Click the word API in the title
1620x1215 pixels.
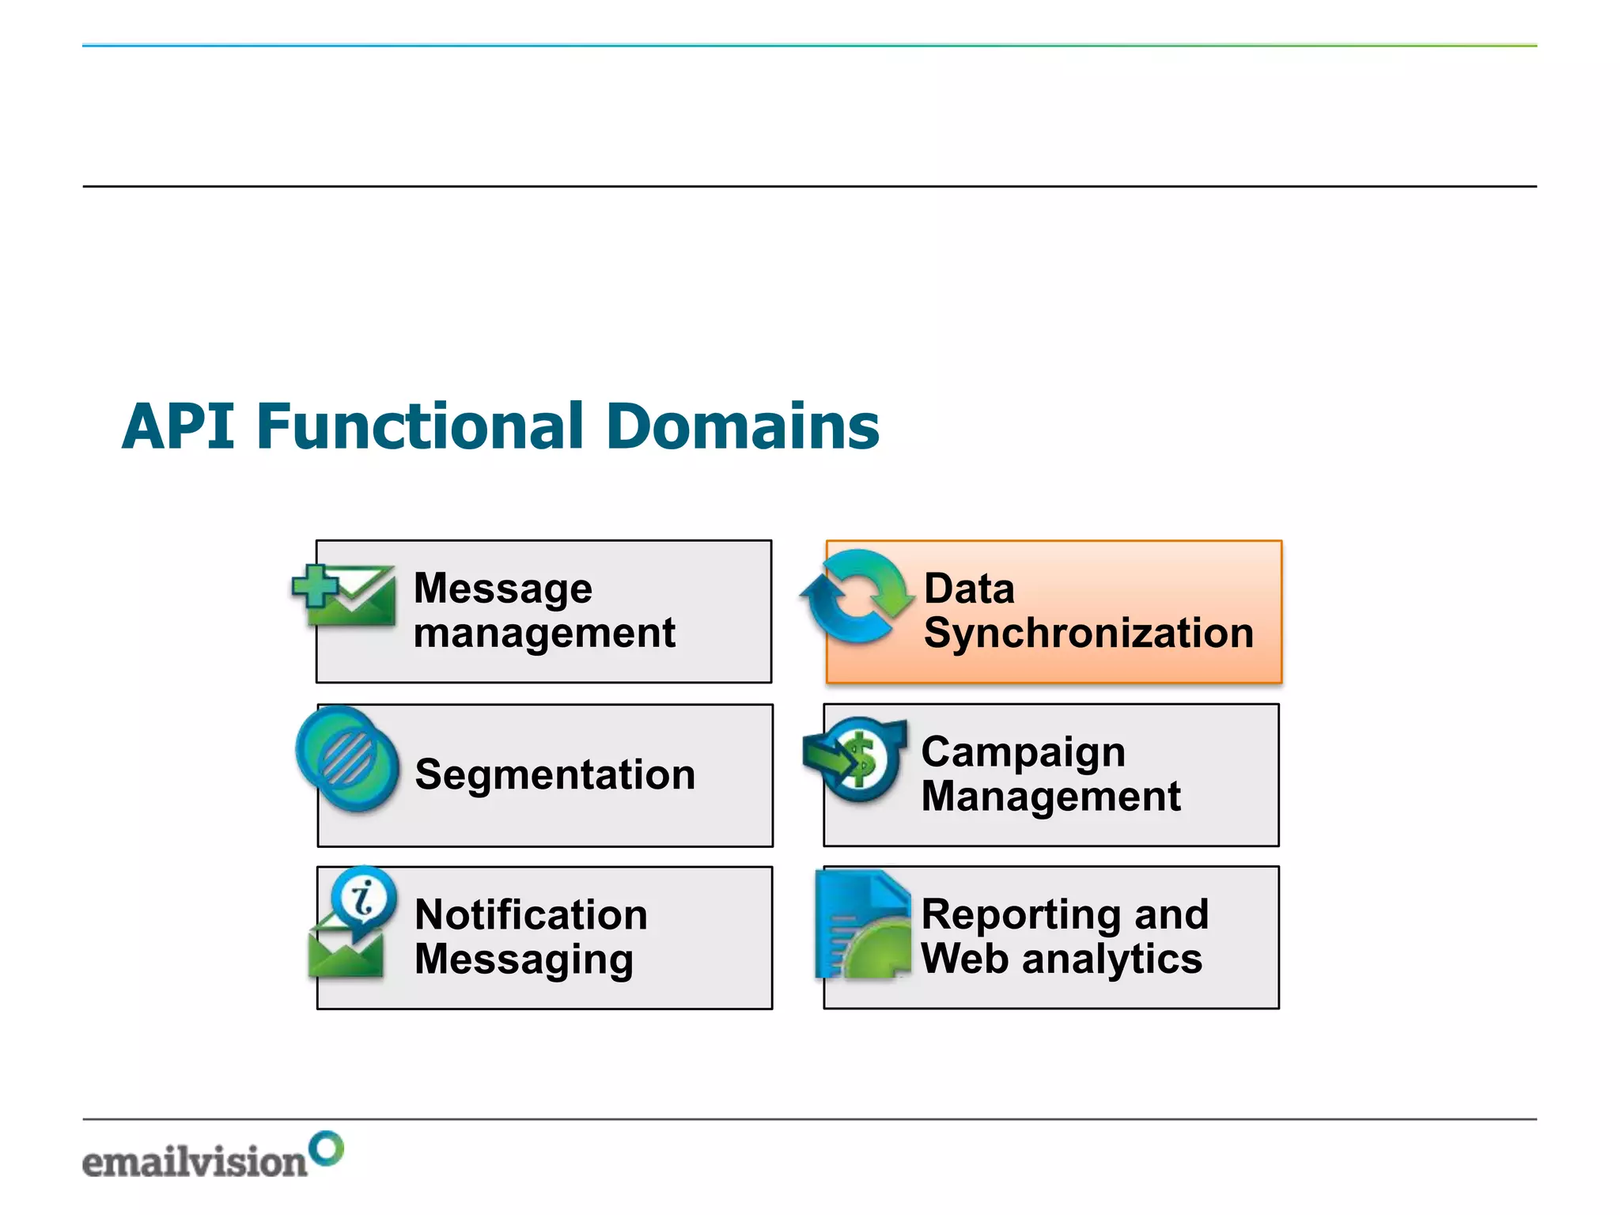pos(179,426)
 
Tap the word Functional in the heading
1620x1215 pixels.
pos(420,426)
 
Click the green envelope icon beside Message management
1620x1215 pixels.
pos(348,597)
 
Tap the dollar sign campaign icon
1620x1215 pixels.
pos(857,759)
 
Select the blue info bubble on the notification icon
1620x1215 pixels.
pos(365,899)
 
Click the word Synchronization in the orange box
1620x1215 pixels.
pos(1088,634)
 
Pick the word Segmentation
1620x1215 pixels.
pos(555,774)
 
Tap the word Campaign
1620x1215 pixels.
pos(1023,752)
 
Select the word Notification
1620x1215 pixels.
pos(531,915)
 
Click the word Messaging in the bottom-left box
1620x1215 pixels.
pos(524,960)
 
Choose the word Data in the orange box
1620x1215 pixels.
pos(969,589)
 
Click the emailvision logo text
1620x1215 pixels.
pos(195,1162)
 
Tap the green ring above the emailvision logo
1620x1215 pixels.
pos(326,1149)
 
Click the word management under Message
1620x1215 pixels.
pos(544,634)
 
